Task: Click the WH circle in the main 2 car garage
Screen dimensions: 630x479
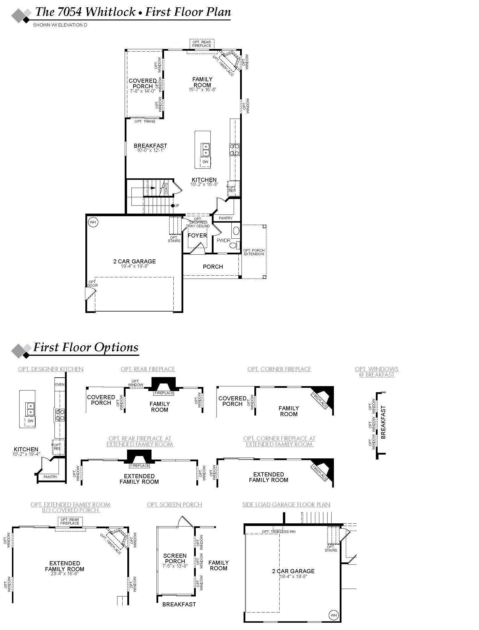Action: click(x=93, y=222)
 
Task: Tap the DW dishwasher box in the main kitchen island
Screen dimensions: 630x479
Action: click(x=205, y=162)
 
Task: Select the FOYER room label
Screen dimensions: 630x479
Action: click(x=197, y=235)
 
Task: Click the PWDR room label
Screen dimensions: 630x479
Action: click(x=223, y=241)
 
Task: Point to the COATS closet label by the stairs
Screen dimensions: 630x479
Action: click(x=166, y=189)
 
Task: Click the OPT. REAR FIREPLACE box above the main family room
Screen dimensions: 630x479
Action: click(x=202, y=44)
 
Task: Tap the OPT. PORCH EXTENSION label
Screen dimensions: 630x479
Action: click(x=254, y=252)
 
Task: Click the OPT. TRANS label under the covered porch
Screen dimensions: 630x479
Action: click(x=145, y=121)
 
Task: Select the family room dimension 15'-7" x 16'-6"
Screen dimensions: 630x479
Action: click(x=202, y=90)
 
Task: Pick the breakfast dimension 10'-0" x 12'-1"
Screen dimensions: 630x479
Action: click(x=150, y=150)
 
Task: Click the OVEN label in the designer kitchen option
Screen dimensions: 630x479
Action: click(x=59, y=384)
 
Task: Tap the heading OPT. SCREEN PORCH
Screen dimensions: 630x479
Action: click(x=174, y=505)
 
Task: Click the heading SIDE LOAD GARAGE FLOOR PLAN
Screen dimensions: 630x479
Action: click(x=286, y=505)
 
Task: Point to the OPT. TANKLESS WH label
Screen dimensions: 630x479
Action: click(x=279, y=532)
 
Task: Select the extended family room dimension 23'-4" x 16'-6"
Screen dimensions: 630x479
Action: click(x=64, y=574)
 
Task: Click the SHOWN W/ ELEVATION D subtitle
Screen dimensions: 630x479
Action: click(x=60, y=25)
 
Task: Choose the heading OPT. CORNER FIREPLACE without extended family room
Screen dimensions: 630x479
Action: click(x=279, y=369)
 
